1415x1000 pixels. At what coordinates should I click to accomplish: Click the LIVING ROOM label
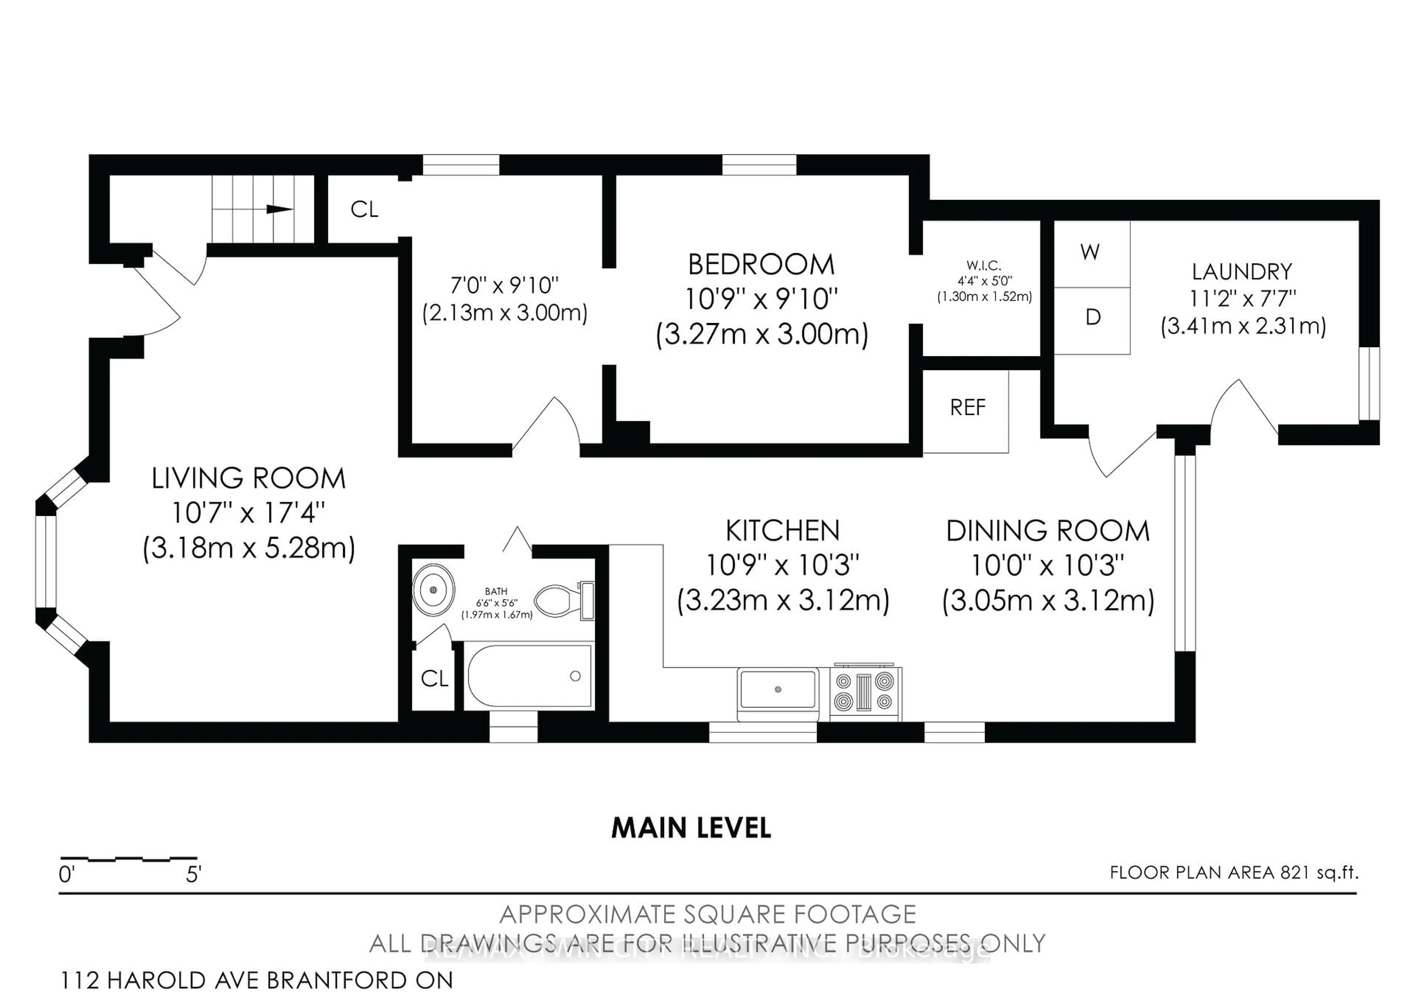[x=248, y=479]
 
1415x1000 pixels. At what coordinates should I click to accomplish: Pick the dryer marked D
[x=1092, y=317]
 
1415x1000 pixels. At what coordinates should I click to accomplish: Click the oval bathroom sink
[x=433, y=590]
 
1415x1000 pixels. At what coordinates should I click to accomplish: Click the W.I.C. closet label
[x=983, y=266]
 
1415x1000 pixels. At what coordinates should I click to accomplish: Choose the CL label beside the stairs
[x=364, y=210]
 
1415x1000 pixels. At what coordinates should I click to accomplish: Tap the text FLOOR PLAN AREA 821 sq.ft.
[x=1234, y=873]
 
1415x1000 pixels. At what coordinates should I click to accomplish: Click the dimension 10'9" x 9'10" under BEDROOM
[x=761, y=300]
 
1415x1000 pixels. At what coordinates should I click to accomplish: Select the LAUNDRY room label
[x=1242, y=272]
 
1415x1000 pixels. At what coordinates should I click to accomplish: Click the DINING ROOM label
[x=1048, y=531]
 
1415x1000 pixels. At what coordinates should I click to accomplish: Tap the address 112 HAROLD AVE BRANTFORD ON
[x=256, y=980]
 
